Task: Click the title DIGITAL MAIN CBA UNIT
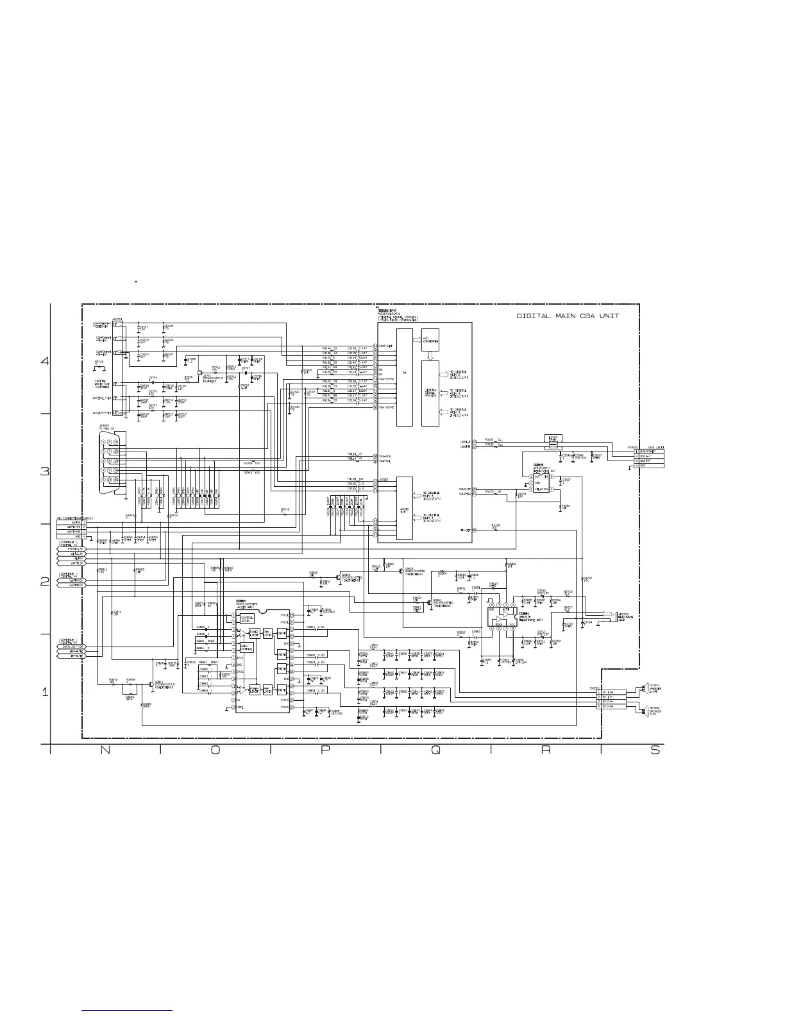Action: (x=568, y=316)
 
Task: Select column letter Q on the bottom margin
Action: (x=435, y=751)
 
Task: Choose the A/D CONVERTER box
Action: (x=430, y=339)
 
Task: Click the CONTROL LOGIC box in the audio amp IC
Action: (x=247, y=619)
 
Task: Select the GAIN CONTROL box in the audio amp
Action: (x=247, y=648)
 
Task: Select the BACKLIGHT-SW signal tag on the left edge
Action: (x=71, y=646)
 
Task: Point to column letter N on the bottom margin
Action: (x=105, y=751)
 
